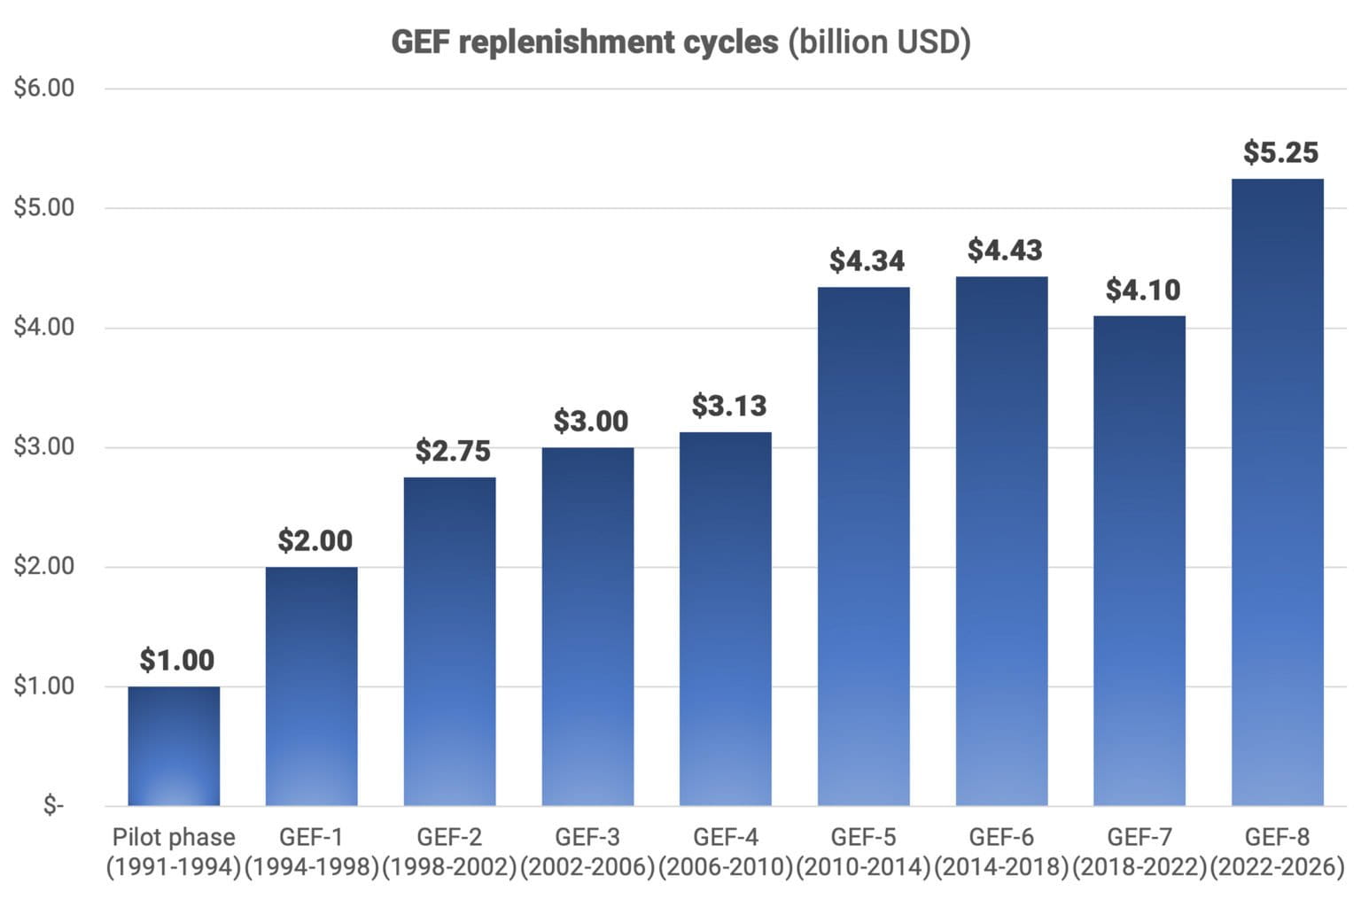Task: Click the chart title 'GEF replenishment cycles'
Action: (x=585, y=42)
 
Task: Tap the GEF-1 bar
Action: (x=312, y=686)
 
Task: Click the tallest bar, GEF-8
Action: (x=1278, y=492)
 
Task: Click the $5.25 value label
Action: (x=1280, y=152)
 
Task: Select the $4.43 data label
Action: (x=1005, y=251)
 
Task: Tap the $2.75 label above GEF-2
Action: (x=453, y=451)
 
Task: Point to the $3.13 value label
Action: (x=728, y=406)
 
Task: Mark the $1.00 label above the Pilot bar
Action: (x=177, y=660)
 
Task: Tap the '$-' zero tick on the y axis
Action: (x=53, y=805)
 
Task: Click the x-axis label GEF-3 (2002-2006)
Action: (x=587, y=851)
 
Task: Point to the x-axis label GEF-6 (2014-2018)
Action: (x=1002, y=851)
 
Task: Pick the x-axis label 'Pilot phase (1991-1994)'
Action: (x=174, y=851)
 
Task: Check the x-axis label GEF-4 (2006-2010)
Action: (x=726, y=851)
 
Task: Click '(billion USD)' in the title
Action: (x=879, y=42)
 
